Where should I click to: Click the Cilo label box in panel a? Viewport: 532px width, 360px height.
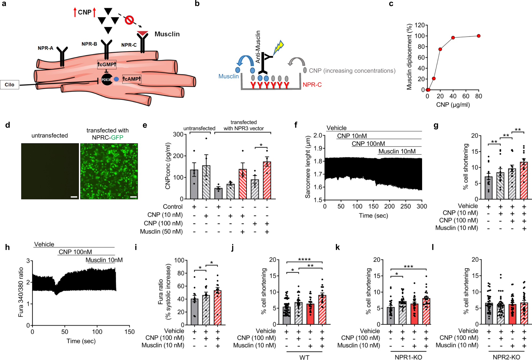point(10,85)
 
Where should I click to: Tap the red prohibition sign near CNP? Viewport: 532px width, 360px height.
point(129,20)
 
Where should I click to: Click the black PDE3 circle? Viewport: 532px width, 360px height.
point(106,80)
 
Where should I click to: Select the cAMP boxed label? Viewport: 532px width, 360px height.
point(132,79)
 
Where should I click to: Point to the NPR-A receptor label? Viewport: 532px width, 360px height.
point(45,48)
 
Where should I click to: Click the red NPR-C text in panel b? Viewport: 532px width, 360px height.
point(312,85)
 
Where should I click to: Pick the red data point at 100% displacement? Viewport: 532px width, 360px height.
point(479,36)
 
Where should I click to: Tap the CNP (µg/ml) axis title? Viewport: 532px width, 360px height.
point(453,104)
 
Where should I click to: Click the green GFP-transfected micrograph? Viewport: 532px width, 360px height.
point(109,171)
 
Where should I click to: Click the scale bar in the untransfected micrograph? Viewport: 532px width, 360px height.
point(74,197)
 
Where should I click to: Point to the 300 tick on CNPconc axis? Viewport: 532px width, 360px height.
point(178,134)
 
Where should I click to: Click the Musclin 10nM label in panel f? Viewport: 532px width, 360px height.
point(397,152)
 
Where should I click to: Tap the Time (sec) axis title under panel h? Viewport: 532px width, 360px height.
point(81,341)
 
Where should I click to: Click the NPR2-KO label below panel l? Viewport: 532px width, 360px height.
point(506,357)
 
